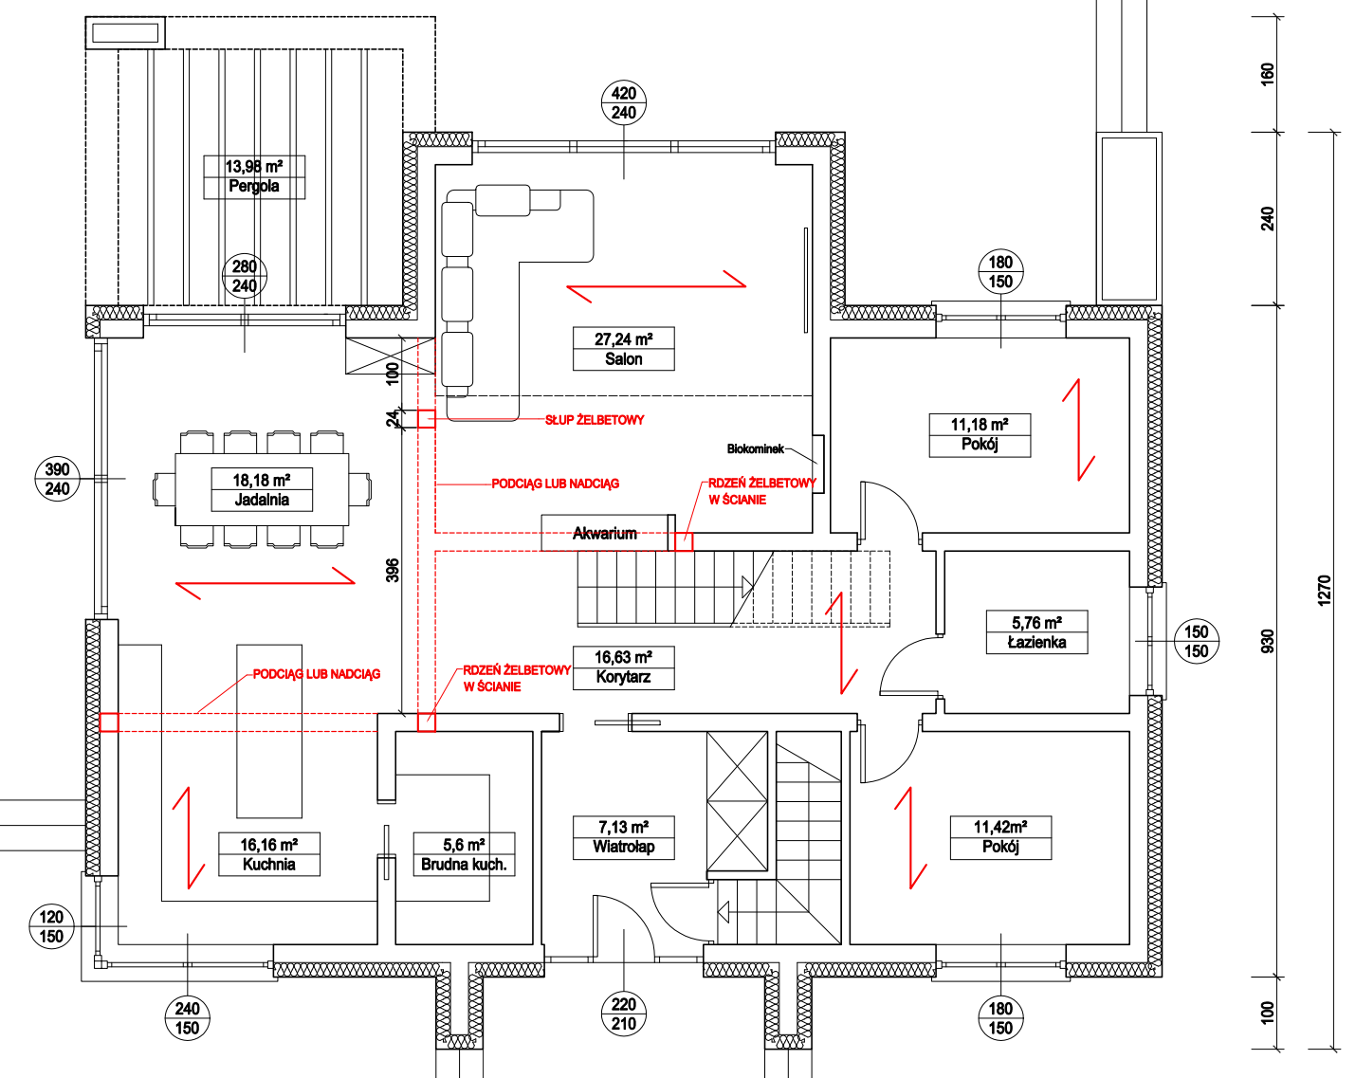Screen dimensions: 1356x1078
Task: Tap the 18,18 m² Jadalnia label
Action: click(262, 489)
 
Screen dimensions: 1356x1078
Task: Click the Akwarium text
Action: click(604, 534)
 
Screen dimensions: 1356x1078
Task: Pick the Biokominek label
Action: click(755, 448)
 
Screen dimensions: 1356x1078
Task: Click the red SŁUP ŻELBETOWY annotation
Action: click(595, 420)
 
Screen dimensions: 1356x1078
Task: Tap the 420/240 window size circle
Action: click(624, 102)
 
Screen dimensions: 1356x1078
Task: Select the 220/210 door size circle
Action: click(624, 1014)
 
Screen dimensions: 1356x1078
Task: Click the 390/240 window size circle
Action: click(57, 479)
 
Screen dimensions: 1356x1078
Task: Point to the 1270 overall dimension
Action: click(1325, 591)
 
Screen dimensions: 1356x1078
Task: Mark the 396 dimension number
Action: click(393, 570)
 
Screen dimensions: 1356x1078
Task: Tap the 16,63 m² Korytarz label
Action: click(623, 667)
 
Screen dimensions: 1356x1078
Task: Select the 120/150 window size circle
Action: click(51, 926)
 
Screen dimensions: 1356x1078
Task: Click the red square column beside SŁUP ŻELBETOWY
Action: click(427, 419)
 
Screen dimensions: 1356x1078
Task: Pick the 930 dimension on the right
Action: click(1267, 641)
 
